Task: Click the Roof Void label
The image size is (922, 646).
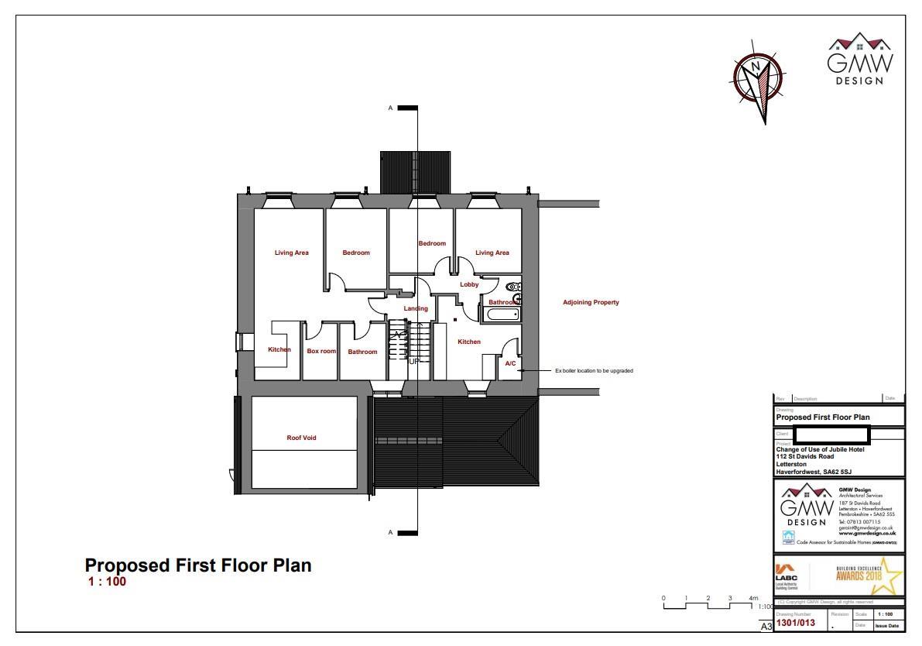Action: coord(301,438)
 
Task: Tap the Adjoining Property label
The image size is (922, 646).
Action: coord(591,303)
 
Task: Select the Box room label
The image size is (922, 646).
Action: coord(321,352)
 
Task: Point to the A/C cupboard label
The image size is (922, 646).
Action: coord(510,363)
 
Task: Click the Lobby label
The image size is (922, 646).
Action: coord(469,285)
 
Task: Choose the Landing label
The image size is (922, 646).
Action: coord(416,309)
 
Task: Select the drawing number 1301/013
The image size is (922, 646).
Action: coord(796,623)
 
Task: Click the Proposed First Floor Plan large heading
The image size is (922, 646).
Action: coord(198,565)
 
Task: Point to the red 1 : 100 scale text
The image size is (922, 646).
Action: coord(107,582)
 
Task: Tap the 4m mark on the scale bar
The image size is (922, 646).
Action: coord(752,599)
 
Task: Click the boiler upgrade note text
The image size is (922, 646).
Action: coord(594,371)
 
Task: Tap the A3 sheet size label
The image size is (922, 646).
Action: coord(766,626)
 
